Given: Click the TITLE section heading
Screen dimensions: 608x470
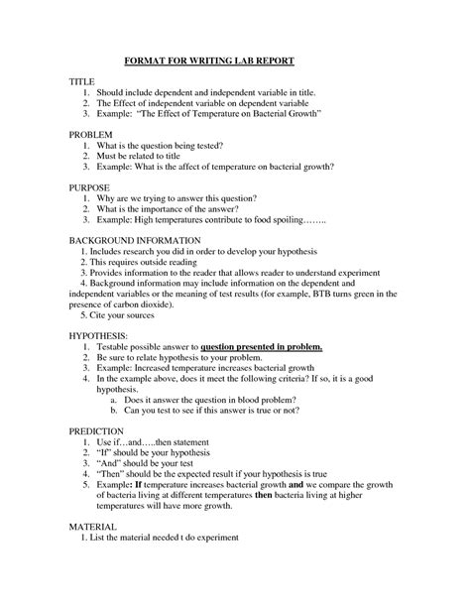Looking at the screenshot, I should click(82, 78).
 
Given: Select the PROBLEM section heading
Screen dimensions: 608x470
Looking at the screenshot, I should click(91, 133).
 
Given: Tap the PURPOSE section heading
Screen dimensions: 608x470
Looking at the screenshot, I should click(90, 186).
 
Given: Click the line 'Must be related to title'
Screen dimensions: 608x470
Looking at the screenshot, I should click(149, 157).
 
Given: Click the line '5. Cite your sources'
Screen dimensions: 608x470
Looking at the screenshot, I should click(123, 318).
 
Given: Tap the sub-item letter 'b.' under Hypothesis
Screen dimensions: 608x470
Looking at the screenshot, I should click(116, 409).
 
